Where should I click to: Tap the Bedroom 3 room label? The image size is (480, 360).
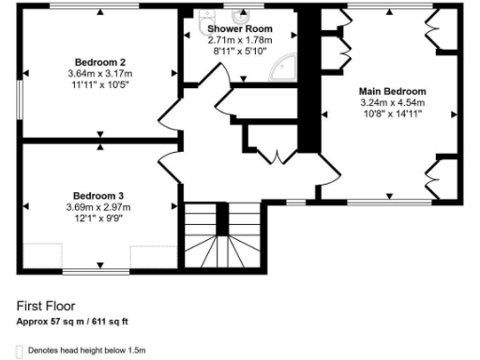point(98,196)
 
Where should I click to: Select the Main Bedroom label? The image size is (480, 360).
point(392,91)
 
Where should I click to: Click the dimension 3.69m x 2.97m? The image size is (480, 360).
point(98,207)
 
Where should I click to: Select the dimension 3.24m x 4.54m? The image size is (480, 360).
point(392,102)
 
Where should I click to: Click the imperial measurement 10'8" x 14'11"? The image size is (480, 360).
point(392,113)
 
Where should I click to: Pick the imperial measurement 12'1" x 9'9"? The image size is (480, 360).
point(98,218)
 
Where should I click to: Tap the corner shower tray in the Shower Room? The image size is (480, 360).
point(282,69)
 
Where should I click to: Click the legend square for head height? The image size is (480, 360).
point(21,351)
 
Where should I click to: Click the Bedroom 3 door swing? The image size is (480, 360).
point(171,170)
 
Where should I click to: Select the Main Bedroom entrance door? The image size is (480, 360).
point(327,172)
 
